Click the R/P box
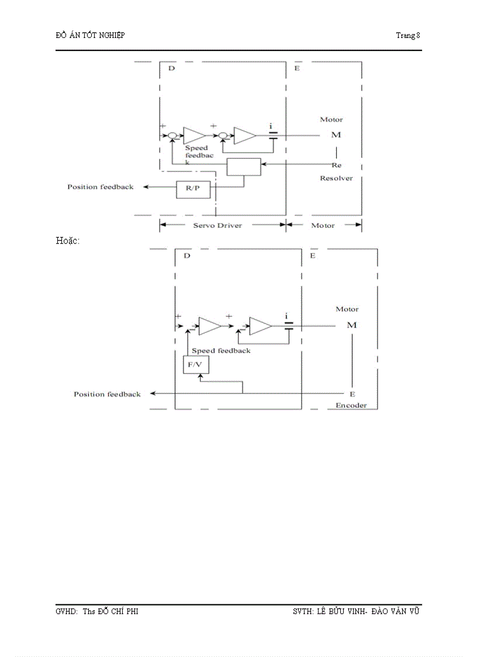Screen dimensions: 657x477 [192, 190]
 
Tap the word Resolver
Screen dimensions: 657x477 [336, 178]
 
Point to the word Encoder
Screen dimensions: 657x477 [351, 405]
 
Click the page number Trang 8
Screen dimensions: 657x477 [408, 35]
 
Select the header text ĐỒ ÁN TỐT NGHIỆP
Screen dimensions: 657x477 [90, 35]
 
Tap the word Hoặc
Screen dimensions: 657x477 [67, 240]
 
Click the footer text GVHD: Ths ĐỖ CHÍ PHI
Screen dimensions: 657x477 [96, 611]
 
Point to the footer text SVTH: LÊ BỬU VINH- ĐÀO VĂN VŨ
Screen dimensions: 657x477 [356, 611]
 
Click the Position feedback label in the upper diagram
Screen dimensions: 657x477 [100, 187]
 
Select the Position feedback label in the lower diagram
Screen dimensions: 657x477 [107, 394]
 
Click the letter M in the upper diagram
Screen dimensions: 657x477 [336, 135]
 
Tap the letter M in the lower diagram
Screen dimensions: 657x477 [351, 325]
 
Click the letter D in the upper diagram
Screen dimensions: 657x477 [171, 68]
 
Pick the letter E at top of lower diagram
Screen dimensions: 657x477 [313, 256]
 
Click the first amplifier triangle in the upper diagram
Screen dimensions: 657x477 [193, 136]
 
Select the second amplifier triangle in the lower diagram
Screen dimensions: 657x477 [260, 326]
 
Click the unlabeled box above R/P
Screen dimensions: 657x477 [243, 167]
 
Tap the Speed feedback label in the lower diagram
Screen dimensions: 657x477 [221, 350]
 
